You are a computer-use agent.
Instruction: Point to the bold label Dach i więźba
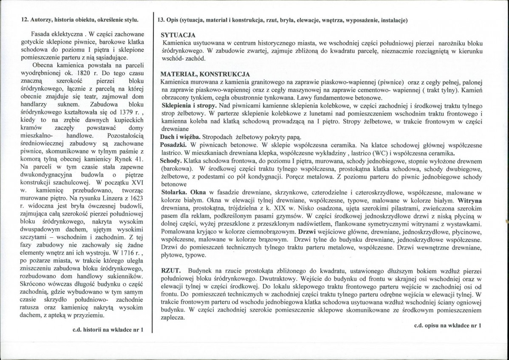click(x=179, y=137)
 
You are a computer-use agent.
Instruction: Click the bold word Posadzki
click(x=172, y=145)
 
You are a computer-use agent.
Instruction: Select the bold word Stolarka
click(x=172, y=192)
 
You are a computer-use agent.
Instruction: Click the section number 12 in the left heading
click(x=25, y=19)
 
